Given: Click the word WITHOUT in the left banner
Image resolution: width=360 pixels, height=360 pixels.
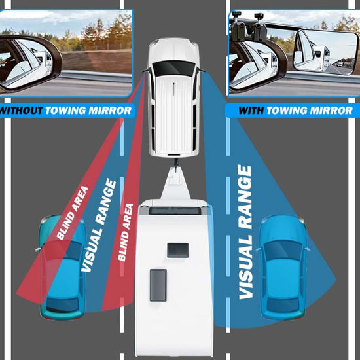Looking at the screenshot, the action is point(21,111).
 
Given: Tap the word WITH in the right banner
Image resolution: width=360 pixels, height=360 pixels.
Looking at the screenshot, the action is point(251,111).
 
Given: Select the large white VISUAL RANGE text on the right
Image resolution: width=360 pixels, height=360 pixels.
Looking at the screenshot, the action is point(245,232).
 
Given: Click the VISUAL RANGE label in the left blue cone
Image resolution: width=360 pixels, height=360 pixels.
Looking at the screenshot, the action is point(99,225).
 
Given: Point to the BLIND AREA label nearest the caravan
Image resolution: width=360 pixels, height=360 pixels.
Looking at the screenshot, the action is point(126,232).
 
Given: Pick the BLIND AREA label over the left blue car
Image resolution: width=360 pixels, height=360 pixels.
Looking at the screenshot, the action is point(72,213).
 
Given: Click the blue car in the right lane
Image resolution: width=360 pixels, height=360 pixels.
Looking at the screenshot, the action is point(283,268).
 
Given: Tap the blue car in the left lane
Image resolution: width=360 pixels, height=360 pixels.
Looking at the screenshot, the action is point(62,268).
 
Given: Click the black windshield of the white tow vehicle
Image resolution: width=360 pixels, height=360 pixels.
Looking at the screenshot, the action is point(173,68).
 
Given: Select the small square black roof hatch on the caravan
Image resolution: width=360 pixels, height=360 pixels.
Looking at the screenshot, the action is point(178,250).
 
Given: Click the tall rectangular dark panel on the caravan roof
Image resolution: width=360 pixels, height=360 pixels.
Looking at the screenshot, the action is point(158,285).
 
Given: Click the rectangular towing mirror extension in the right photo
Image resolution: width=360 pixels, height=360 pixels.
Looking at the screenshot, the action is point(325,52).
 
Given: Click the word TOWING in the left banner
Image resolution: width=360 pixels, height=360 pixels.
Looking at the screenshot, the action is point(65,111).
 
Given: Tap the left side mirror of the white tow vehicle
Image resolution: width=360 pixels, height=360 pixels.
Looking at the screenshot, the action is point(145,71).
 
